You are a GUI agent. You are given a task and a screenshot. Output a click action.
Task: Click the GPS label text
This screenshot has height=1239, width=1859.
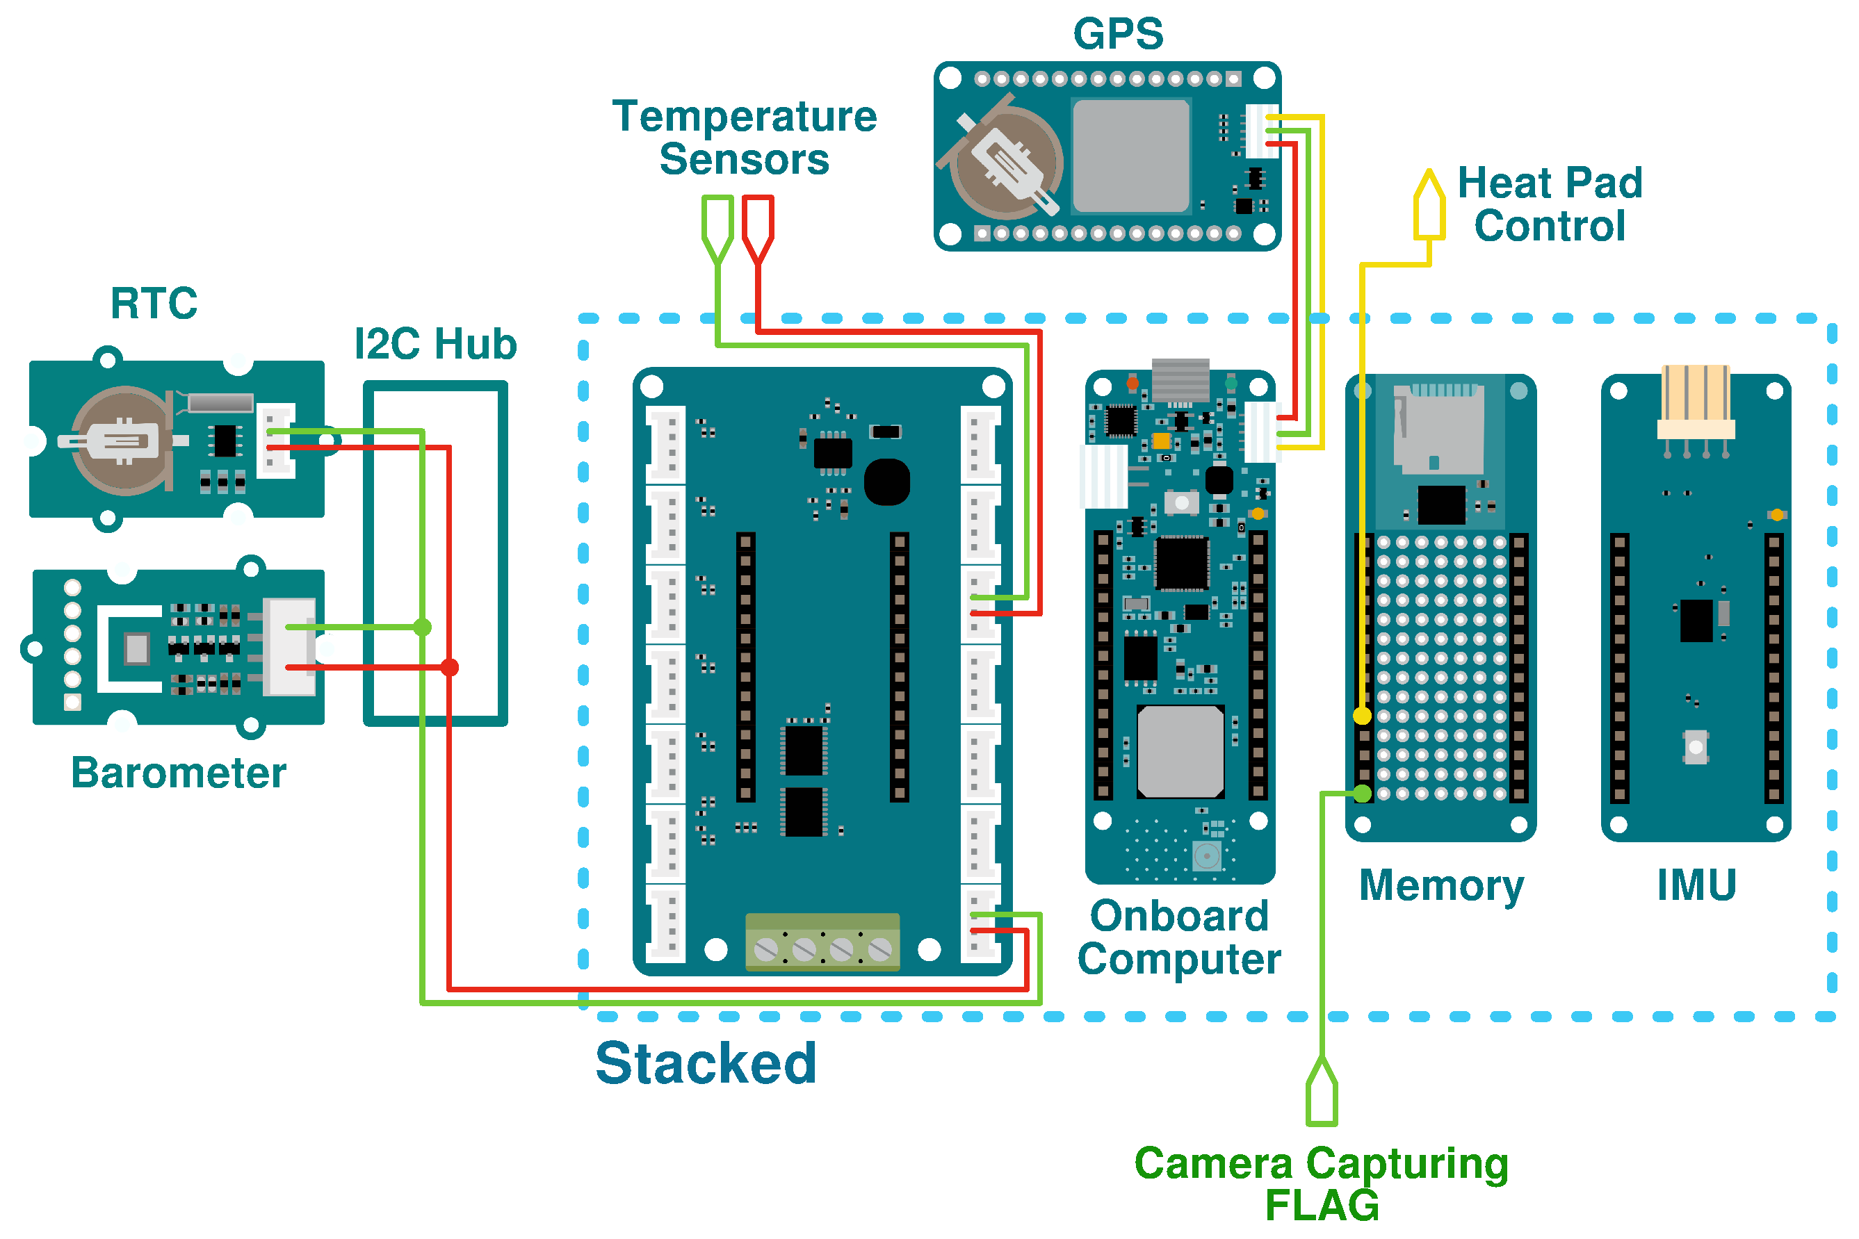point(1118,34)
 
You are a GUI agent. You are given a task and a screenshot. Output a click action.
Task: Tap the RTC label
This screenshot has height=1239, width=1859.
point(154,304)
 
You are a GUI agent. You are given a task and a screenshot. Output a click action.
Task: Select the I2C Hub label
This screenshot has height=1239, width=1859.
point(435,345)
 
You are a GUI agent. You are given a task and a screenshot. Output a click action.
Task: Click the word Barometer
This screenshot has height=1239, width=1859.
point(179,773)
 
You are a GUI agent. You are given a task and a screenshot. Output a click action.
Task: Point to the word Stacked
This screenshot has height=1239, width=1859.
point(705,1064)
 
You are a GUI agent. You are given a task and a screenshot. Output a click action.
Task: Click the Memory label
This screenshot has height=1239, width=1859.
point(1441,886)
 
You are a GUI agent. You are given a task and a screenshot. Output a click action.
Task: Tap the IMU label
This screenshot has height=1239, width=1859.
point(1696,885)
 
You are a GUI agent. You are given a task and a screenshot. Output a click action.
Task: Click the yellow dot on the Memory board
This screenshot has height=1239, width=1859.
point(1362,716)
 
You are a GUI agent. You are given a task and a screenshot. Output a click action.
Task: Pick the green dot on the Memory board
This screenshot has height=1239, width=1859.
point(1362,794)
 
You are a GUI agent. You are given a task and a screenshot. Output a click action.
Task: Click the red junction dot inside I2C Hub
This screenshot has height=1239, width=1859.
point(450,668)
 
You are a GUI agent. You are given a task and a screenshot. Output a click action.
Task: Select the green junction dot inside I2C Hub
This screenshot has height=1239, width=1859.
point(423,627)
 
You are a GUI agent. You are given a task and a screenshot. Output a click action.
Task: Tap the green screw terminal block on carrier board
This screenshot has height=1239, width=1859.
point(822,942)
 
